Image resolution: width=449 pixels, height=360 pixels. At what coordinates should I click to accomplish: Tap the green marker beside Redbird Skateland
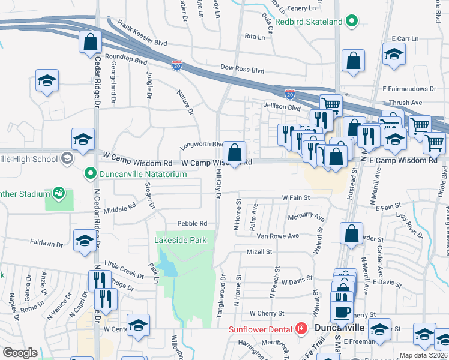354,22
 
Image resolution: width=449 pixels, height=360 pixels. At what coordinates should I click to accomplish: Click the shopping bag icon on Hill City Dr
234,152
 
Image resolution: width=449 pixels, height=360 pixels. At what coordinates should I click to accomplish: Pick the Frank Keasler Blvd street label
142,34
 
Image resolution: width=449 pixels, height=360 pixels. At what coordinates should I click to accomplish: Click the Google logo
20,353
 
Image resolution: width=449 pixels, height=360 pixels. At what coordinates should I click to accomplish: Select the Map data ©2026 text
423,355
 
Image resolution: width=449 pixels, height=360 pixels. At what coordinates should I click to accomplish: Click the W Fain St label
296,197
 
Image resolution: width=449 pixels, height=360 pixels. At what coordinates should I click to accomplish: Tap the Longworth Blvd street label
202,145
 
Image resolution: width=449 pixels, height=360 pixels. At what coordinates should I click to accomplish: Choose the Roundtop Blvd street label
125,61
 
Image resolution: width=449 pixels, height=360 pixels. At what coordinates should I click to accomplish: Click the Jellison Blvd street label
281,107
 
